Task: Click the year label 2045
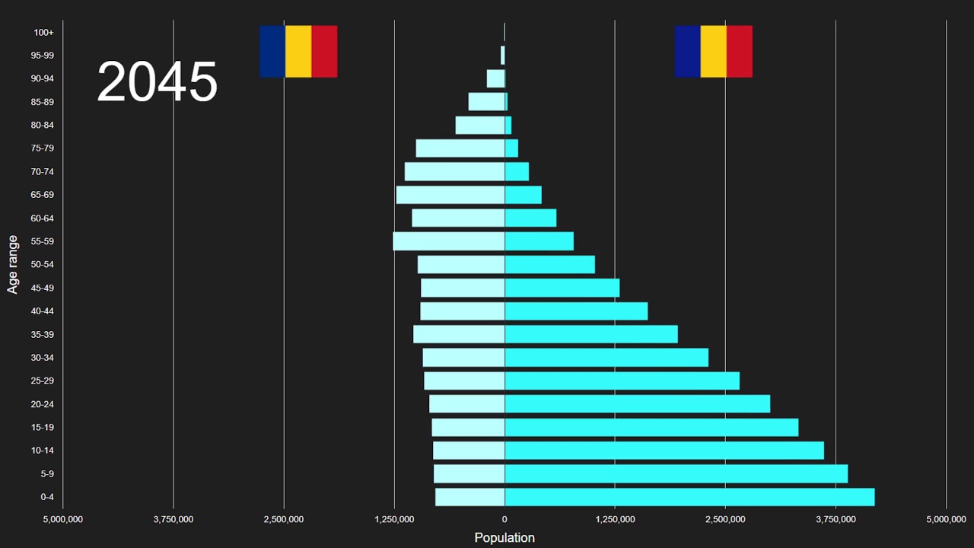157,82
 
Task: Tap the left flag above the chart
298,51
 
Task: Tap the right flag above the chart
713,51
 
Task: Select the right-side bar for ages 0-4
689,497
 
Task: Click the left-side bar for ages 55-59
448,241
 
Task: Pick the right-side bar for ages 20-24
637,404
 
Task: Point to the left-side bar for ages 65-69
450,195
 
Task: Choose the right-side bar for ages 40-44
576,311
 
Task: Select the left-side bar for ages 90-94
495,78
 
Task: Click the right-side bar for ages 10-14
664,451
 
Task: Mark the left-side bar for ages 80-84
479,125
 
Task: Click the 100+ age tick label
43,32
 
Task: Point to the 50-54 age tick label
42,265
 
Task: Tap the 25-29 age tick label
42,381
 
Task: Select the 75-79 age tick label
42,148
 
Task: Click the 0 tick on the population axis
504,519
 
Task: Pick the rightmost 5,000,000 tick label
946,519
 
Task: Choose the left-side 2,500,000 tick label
284,519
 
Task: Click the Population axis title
504,537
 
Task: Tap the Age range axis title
13,264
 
